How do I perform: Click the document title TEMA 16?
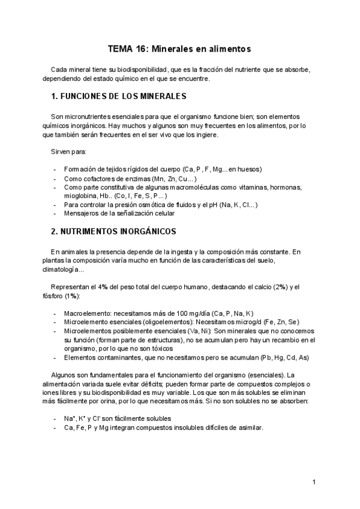tap(179, 47)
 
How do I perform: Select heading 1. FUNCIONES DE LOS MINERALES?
tap(119, 96)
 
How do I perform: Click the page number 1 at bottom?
tap(313, 482)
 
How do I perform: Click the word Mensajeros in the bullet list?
tap(83, 213)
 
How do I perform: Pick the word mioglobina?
tap(82, 196)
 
